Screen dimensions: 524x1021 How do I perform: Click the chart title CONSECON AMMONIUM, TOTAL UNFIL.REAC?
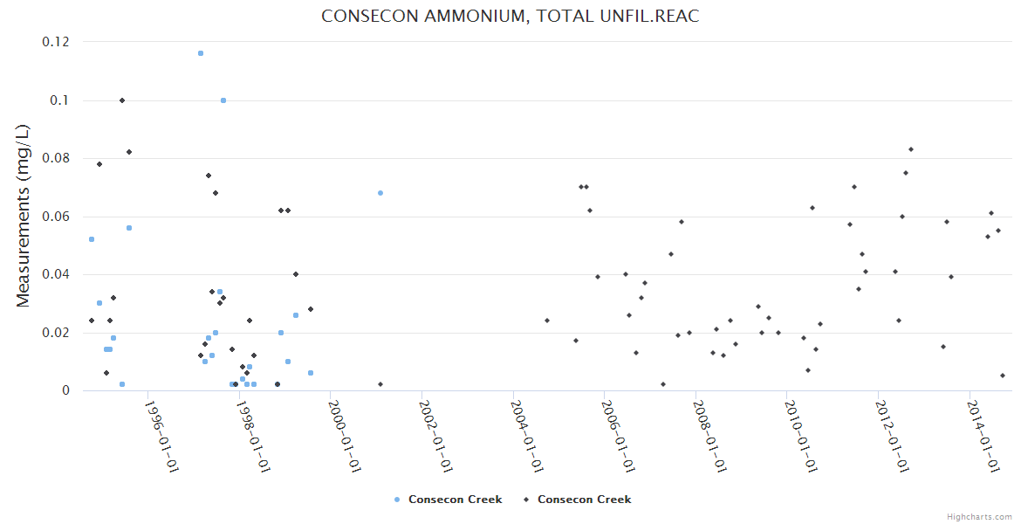[x=510, y=17]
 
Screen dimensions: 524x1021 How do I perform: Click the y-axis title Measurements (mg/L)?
[x=24, y=216]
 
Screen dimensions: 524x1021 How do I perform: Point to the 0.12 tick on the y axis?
[x=57, y=42]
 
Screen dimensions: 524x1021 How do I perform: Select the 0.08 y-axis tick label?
[x=57, y=158]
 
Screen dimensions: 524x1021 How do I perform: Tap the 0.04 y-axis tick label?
[x=57, y=274]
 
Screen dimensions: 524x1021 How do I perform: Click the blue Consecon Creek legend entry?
[x=449, y=500]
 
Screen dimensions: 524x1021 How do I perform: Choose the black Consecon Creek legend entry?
[x=577, y=500]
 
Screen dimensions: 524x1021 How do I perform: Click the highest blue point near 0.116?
[x=201, y=53]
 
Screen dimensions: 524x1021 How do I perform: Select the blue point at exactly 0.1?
[x=223, y=100]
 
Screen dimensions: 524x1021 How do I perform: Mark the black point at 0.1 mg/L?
[x=122, y=100]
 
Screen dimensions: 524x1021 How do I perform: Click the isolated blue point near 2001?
[x=380, y=193]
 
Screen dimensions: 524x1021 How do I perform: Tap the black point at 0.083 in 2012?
[x=911, y=149]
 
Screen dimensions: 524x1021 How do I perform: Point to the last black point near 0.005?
[x=1003, y=376]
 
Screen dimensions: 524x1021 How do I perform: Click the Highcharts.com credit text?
[x=979, y=517]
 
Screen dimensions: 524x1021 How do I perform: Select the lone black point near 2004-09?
[x=547, y=321]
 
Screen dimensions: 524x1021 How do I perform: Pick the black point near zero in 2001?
[x=380, y=384]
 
